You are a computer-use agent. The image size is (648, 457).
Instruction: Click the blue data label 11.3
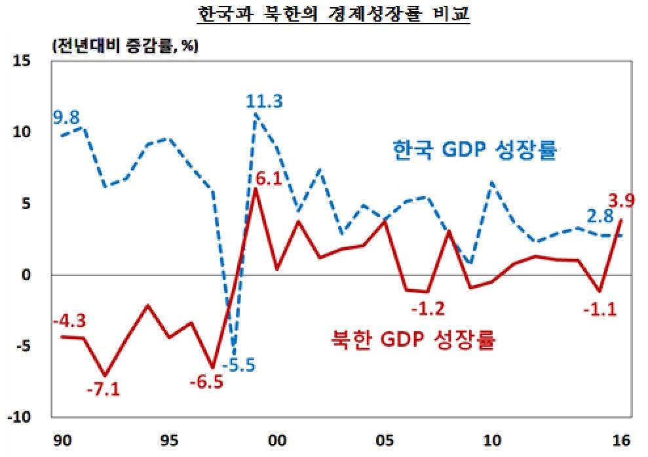point(264,102)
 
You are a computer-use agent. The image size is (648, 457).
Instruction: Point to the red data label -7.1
point(104,389)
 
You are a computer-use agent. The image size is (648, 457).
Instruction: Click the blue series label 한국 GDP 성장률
point(474,150)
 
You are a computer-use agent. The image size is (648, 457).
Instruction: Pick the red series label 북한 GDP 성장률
point(411,340)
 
